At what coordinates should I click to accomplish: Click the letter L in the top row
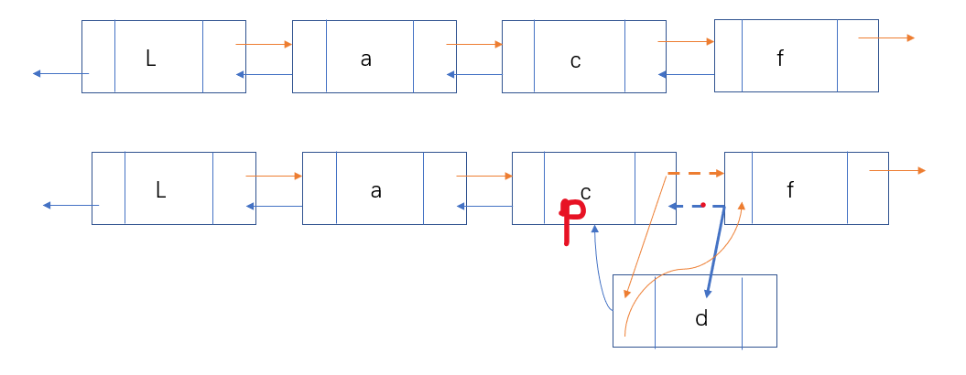[151, 59]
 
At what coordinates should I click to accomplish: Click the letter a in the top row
[366, 59]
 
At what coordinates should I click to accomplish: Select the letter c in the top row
[575, 61]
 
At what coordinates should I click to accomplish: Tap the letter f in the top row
[780, 59]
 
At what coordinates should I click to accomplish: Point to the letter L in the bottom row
[161, 190]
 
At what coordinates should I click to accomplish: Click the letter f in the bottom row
[790, 191]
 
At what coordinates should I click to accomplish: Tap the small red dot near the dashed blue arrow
[702, 203]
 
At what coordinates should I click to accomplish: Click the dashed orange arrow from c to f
[696, 173]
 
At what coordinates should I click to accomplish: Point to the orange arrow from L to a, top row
[264, 44]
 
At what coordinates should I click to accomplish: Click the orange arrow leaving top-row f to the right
[886, 37]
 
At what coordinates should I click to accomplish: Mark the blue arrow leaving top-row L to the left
[60, 73]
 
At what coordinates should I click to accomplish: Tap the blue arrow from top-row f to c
[686, 75]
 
